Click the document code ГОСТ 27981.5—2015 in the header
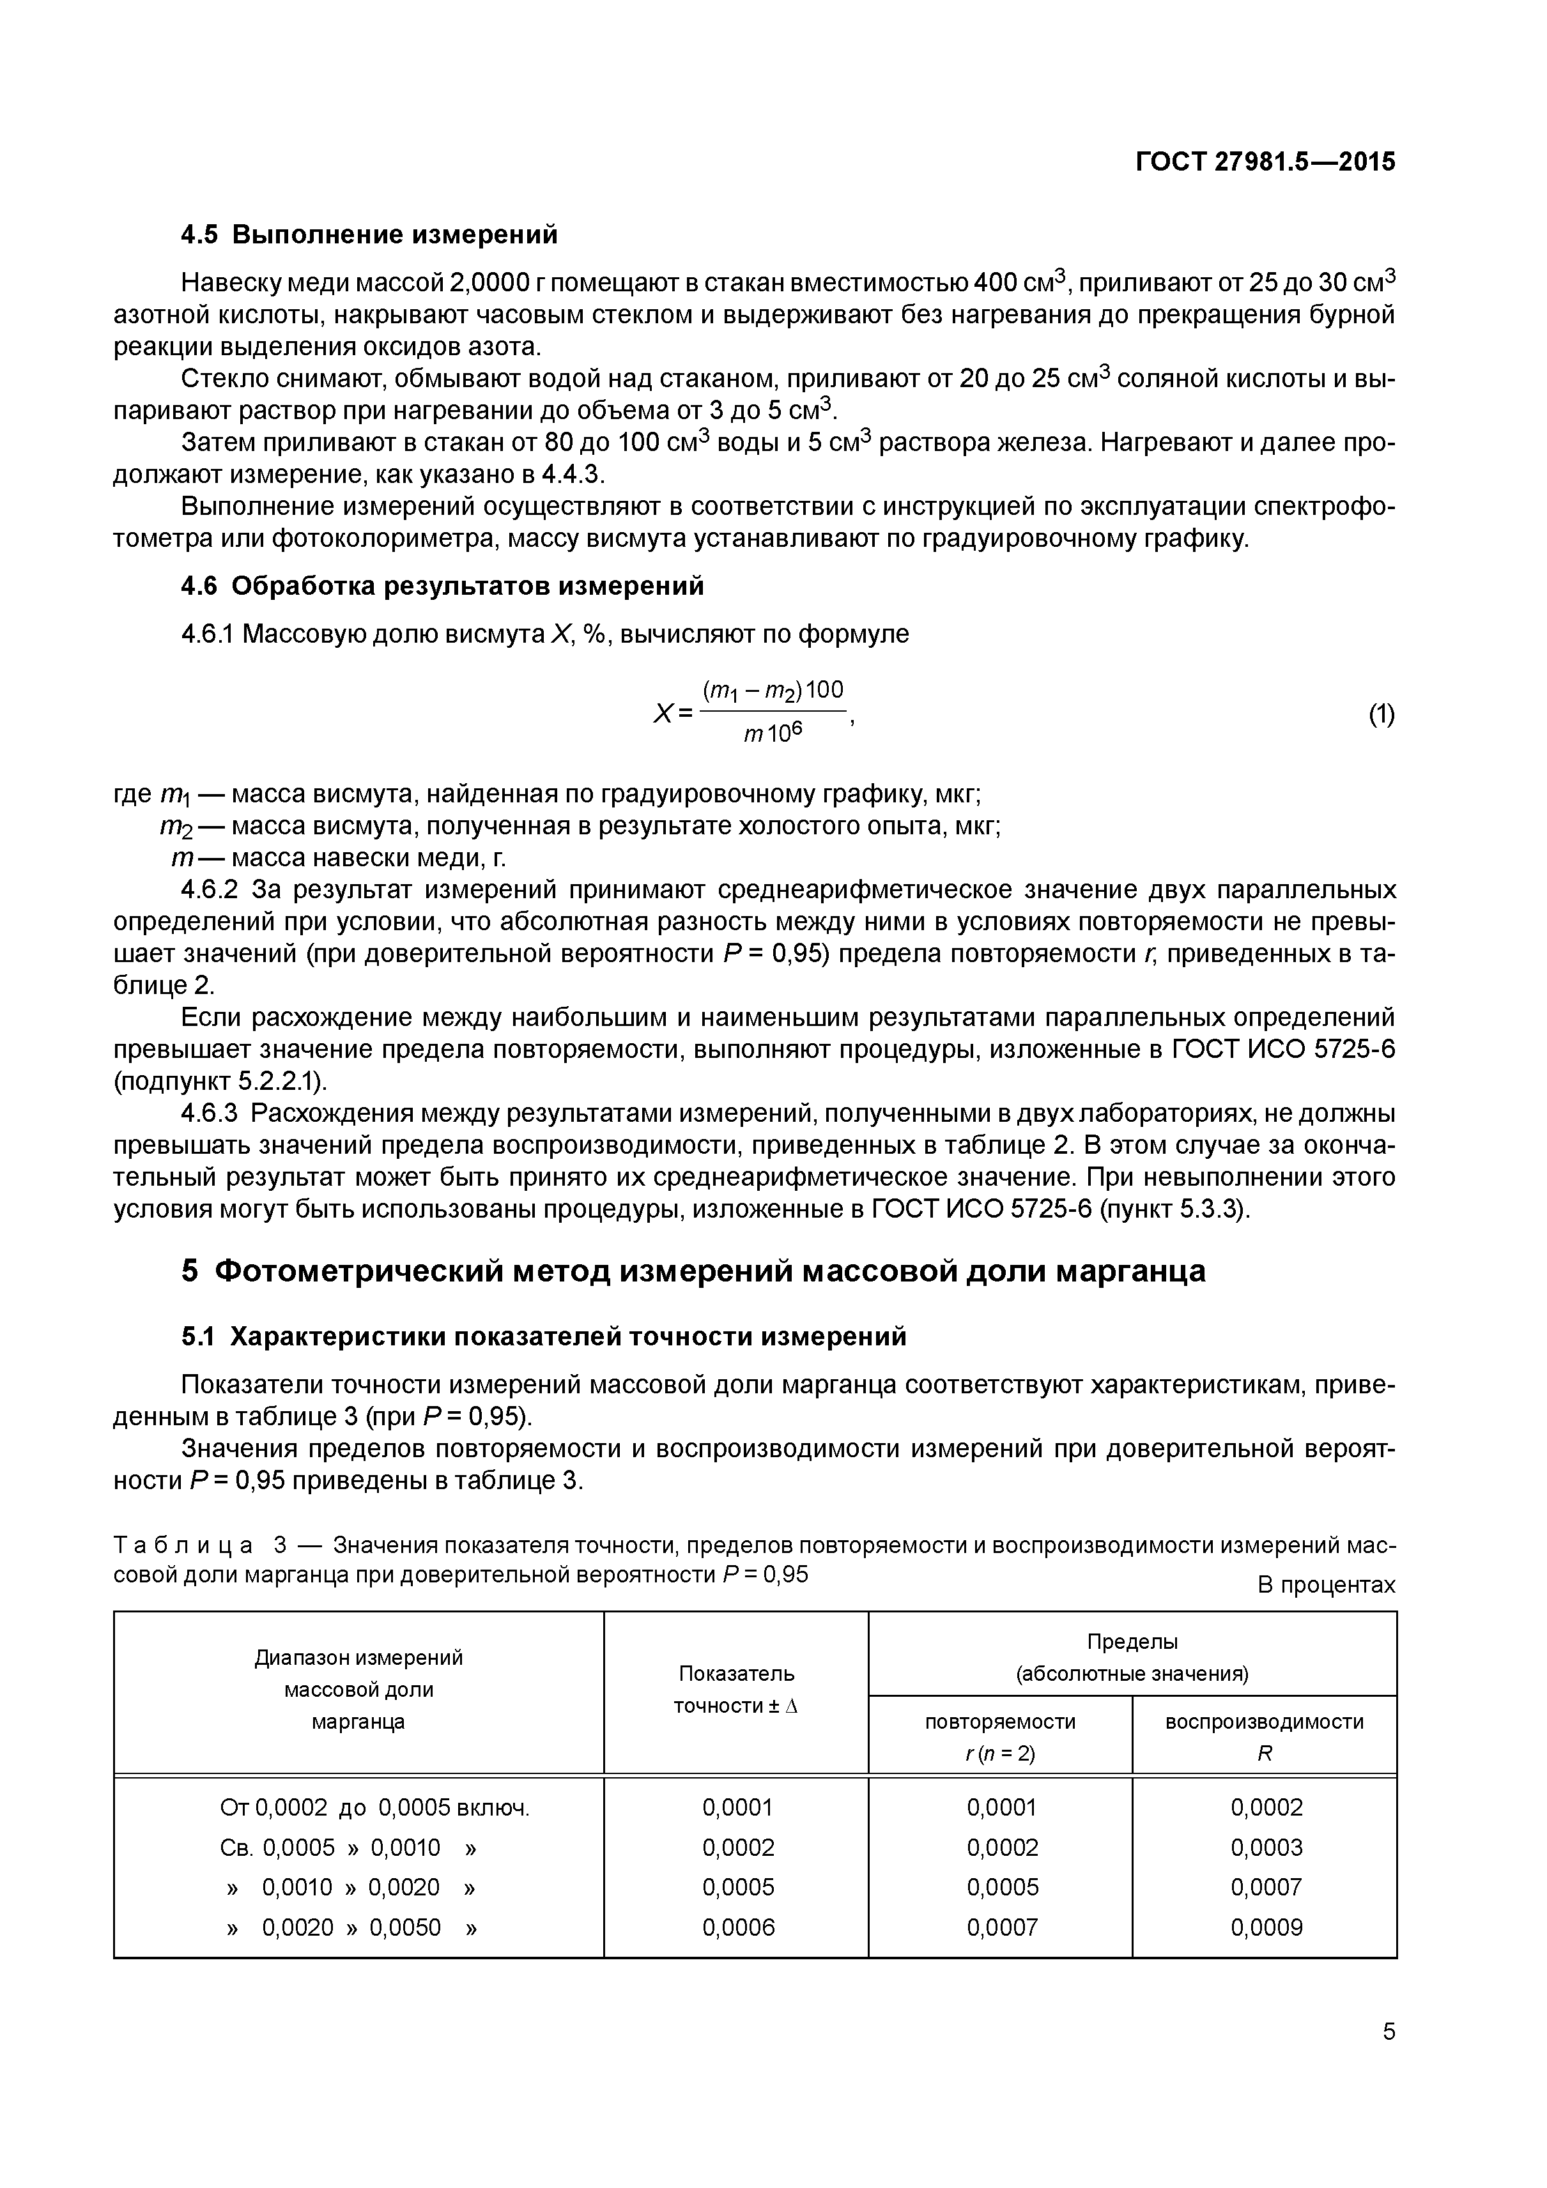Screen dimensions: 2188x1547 pyautogui.click(x=1265, y=162)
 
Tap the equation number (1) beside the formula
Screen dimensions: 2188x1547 pyautogui.click(x=1381, y=715)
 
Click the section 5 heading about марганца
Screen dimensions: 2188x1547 pyautogui.click(x=693, y=1271)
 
